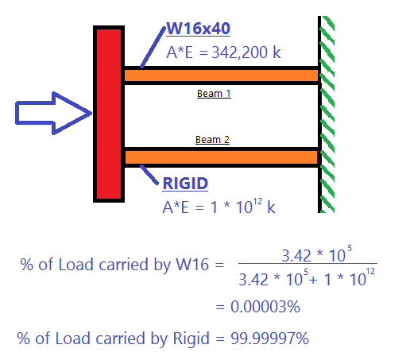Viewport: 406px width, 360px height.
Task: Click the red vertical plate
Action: click(107, 114)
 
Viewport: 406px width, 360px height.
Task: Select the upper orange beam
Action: click(221, 75)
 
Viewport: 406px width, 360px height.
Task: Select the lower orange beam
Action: click(221, 156)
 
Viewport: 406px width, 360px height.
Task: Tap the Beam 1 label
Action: click(213, 94)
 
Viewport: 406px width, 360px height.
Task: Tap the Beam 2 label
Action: click(212, 140)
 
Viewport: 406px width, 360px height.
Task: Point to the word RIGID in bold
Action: click(185, 184)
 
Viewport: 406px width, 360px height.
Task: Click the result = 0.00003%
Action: click(255, 306)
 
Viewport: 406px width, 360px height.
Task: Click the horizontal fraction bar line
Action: click(307, 265)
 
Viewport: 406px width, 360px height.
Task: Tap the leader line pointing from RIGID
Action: click(150, 174)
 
